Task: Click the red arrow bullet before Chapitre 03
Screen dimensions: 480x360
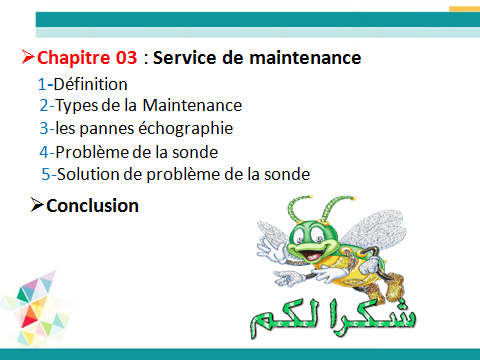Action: [x=28, y=57]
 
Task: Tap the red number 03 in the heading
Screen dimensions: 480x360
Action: [x=126, y=58]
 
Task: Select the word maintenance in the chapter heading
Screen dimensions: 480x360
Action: [x=305, y=58]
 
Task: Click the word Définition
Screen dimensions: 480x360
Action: [x=90, y=84]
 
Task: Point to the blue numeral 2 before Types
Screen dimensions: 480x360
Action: [x=44, y=106]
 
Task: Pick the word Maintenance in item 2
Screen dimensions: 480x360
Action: [x=192, y=105]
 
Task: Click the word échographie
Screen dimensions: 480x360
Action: [x=186, y=129]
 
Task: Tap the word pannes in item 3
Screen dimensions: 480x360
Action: [x=107, y=130]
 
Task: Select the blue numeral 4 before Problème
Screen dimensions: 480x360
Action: [x=44, y=152]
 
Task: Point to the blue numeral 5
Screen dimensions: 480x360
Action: [x=46, y=174]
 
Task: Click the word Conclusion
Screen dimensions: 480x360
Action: [x=92, y=206]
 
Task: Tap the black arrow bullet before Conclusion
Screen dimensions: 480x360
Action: [x=37, y=205]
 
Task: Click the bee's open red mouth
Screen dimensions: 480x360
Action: [x=313, y=255]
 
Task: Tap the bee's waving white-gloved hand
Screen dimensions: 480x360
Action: [x=271, y=249]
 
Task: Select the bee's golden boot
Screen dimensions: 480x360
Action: [x=395, y=287]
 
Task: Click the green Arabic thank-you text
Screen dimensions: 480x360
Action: [x=333, y=319]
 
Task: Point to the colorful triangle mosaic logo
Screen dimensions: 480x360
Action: [x=36, y=308]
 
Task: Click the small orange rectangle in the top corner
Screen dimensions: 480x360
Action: [x=465, y=9]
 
